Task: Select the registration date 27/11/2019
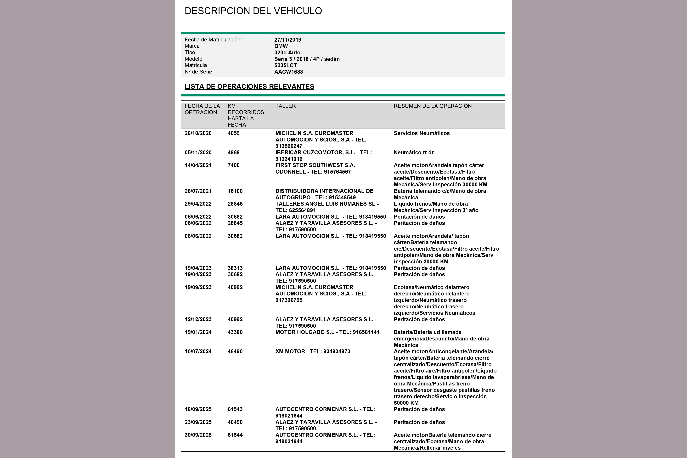[288, 40]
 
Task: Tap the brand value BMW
[281, 46]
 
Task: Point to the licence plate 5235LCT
[285, 65]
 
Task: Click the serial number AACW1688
[288, 72]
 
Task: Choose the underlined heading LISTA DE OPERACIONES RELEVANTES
[249, 87]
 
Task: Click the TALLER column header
[286, 106]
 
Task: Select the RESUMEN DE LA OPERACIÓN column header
[432, 106]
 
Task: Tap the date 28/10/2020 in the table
[198, 133]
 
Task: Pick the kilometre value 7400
[234, 165]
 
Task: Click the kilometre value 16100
[235, 191]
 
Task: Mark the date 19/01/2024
[198, 332]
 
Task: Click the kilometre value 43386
[235, 332]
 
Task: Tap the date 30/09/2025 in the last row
[198, 435]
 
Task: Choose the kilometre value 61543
[235, 409]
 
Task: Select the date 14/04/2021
[198, 165]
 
